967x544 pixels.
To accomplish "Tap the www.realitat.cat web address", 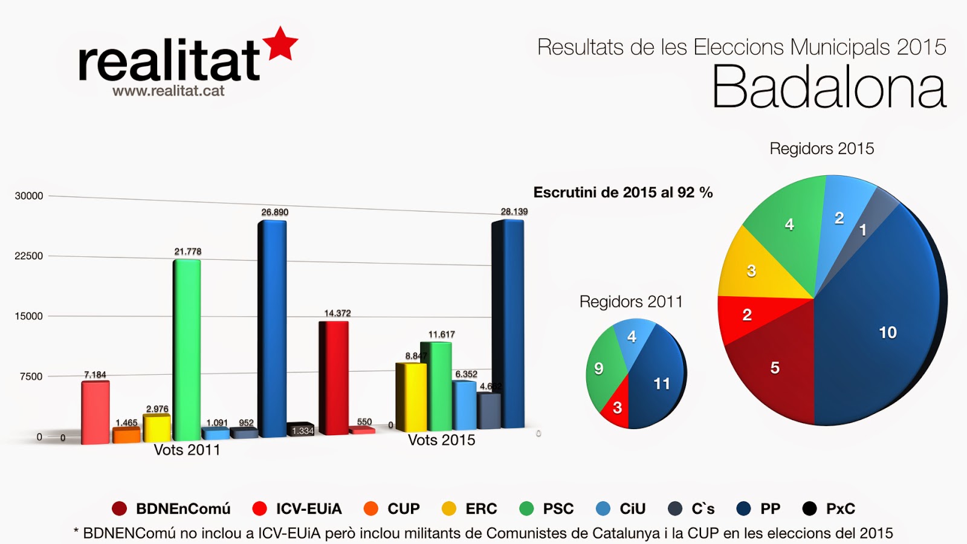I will (168, 91).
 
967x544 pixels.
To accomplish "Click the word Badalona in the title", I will (829, 88).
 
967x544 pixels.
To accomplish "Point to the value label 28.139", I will (514, 212).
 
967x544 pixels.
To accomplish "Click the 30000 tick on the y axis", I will (29, 196).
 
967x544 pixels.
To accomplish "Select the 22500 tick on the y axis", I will (29, 256).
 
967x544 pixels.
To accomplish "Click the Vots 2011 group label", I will (187, 450).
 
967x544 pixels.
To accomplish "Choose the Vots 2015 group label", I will (441, 440).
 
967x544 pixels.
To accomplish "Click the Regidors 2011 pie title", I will (631, 302).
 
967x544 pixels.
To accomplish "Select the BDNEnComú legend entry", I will (172, 509).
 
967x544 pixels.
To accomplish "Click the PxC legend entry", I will (829, 509).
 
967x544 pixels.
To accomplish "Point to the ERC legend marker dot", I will (449, 509).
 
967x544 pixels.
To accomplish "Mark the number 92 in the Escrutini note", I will (685, 193).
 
